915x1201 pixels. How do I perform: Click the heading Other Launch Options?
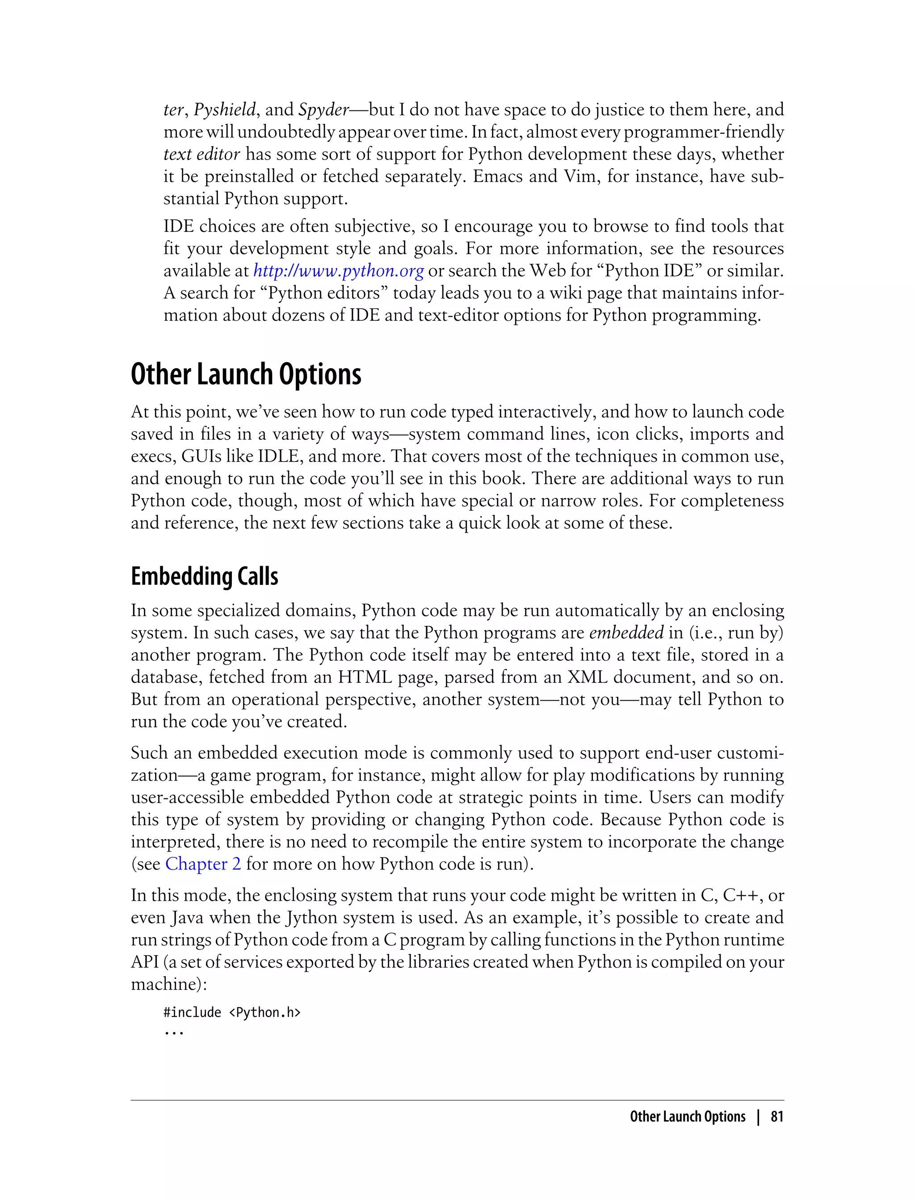click(246, 375)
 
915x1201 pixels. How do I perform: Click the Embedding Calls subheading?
click(204, 576)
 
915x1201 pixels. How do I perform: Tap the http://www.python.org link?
click(338, 271)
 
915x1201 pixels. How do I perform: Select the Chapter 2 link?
click(202, 864)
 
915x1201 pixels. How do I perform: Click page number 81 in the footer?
click(776, 1117)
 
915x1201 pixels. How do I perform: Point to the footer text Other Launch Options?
click(687, 1117)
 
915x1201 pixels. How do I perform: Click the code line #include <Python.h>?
click(232, 1012)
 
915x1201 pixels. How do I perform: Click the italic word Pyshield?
click(224, 110)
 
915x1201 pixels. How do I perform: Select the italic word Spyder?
click(323, 110)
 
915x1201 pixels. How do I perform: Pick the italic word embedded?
click(626, 633)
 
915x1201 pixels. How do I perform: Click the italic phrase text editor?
click(201, 154)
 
